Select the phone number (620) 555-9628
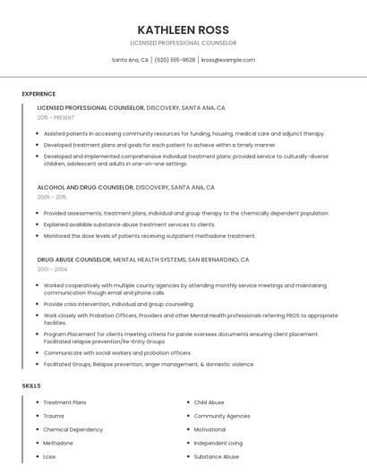(175, 60)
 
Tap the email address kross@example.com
(228, 60)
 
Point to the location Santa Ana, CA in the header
(130, 60)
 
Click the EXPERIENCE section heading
(38, 93)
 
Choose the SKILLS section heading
(31, 385)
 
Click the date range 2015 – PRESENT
(56, 117)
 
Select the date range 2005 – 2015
(52, 197)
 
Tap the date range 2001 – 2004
(52, 269)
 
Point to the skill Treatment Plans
(64, 402)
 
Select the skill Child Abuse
(209, 402)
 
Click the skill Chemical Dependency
(72, 429)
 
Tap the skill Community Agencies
(222, 416)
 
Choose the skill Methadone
(58, 443)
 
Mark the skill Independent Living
(218, 443)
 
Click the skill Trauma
(54, 416)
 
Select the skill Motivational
(210, 429)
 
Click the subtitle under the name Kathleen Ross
(183, 43)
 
